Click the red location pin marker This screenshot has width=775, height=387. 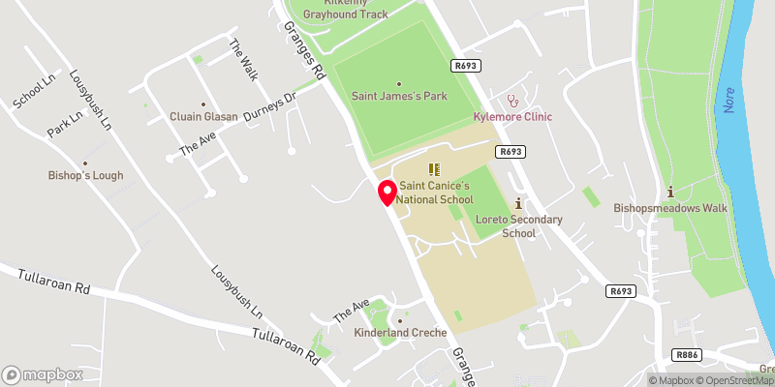pos(387,192)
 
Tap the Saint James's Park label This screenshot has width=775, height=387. pos(398,95)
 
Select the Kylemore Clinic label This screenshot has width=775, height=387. pos(512,117)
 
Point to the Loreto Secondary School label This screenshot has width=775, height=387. pos(519,226)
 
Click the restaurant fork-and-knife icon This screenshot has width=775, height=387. pos(433,168)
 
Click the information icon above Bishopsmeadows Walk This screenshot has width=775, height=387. pos(670,191)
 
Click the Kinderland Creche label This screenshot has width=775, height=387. pos(400,333)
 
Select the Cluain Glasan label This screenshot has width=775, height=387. pos(203,116)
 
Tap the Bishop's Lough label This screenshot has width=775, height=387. pos(86,176)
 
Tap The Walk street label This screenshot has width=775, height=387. pos(243,59)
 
